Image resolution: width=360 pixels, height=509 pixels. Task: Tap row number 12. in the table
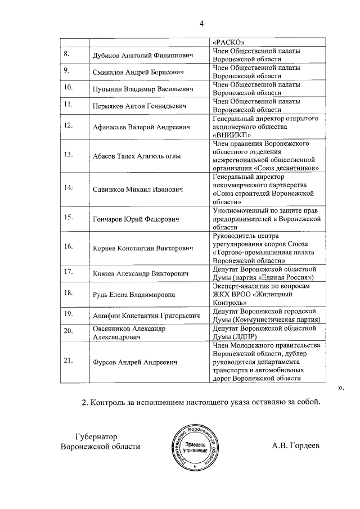coord(70,125)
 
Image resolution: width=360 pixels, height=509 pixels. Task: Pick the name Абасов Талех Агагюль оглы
coord(141,155)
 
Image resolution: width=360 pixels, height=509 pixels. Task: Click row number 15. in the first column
coord(70,217)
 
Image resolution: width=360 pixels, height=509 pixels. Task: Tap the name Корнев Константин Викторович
coord(142,248)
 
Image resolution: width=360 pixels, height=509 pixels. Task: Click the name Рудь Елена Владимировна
coord(133,294)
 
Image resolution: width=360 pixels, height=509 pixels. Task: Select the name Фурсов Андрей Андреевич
coord(134,363)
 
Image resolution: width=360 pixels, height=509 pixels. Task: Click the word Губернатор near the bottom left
coord(98,437)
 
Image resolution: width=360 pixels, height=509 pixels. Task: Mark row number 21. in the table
coord(70,361)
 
